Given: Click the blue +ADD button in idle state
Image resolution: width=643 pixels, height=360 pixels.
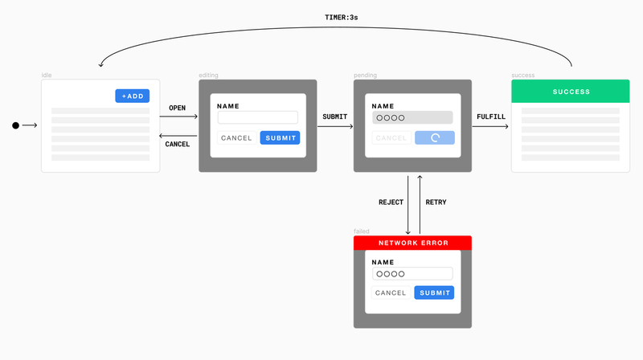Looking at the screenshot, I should pyautogui.click(x=132, y=96).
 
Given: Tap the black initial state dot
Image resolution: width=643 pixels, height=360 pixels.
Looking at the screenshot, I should pyautogui.click(x=14, y=125).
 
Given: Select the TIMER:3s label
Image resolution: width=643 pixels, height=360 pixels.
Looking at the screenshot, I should pyautogui.click(x=341, y=17).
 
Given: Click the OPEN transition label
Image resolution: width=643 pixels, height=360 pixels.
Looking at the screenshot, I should pyautogui.click(x=178, y=108).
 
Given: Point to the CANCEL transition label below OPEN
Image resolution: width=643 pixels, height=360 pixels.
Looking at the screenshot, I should pyautogui.click(x=178, y=144).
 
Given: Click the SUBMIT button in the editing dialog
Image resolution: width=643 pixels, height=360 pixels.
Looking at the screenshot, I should pyautogui.click(x=280, y=137).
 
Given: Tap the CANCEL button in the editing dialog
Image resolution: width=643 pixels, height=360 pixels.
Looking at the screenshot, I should pyautogui.click(x=236, y=137).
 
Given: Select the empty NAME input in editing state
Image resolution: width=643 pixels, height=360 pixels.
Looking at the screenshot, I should pyautogui.click(x=257, y=117).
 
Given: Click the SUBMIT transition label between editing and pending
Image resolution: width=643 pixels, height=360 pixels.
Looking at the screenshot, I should pyautogui.click(x=335, y=117).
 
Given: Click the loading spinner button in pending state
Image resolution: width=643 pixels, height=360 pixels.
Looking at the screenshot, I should pyautogui.click(x=435, y=137).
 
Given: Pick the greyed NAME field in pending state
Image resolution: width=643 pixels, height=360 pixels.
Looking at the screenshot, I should pyautogui.click(x=412, y=117).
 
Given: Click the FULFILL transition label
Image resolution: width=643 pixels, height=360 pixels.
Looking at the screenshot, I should pyautogui.click(x=491, y=117).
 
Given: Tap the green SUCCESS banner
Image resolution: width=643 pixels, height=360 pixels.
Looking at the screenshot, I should pyautogui.click(x=571, y=92).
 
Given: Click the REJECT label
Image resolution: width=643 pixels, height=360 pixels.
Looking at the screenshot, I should pyautogui.click(x=391, y=202).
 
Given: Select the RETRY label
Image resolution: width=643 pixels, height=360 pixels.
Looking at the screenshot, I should pyautogui.click(x=436, y=202).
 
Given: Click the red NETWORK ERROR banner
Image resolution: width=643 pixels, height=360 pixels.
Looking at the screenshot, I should pyautogui.click(x=412, y=243).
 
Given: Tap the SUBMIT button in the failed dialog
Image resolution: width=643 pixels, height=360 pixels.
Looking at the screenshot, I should pyautogui.click(x=434, y=292).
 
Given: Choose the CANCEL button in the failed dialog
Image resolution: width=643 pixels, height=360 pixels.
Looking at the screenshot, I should pyautogui.click(x=391, y=292).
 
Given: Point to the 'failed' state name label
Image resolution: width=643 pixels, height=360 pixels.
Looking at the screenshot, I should pyautogui.click(x=362, y=231).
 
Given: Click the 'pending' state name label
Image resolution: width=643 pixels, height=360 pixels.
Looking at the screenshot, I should pyautogui.click(x=365, y=76).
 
